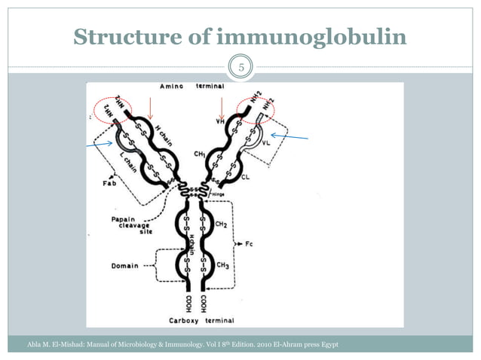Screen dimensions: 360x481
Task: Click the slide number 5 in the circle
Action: (240, 68)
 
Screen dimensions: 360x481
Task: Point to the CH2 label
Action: (223, 224)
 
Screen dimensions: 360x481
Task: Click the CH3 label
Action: (223, 265)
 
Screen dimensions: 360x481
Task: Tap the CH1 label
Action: (200, 154)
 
